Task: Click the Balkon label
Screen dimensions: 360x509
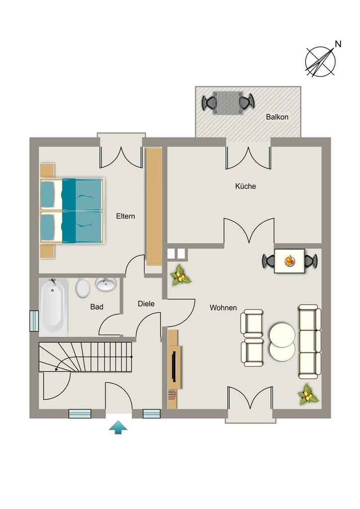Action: (277, 117)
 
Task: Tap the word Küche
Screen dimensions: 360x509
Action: (246, 186)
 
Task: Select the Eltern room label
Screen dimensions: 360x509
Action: (126, 216)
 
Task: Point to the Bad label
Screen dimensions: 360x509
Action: (97, 307)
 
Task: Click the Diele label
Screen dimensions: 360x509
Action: (146, 304)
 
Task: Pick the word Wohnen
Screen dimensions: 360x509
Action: (223, 308)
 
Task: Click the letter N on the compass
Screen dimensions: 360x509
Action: (338, 44)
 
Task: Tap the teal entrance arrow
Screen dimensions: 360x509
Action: (118, 427)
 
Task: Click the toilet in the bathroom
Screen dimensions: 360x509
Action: (83, 288)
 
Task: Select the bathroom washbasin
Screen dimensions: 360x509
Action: (106, 284)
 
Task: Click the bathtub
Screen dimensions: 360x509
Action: (53, 307)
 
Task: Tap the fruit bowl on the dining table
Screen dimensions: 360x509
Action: (289, 261)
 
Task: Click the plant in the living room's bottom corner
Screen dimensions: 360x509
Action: (308, 395)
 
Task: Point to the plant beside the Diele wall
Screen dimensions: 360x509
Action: (180, 275)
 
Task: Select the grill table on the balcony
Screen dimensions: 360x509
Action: (228, 103)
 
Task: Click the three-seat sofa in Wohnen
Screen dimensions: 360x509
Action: (310, 341)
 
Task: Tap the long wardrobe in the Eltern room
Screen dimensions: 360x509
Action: (154, 207)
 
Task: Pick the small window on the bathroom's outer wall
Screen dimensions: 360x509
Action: (34, 321)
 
